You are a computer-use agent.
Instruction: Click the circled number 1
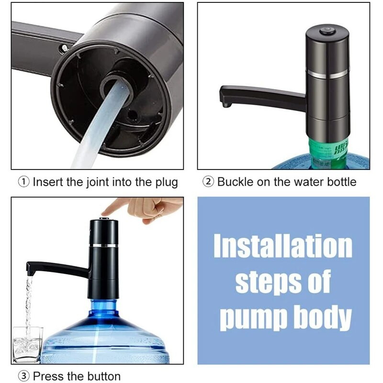23,182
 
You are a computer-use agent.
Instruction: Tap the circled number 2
208,182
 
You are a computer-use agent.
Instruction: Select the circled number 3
23,376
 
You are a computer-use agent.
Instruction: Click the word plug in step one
167,183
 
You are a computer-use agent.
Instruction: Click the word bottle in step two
342,182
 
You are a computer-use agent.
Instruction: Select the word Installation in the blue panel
283,246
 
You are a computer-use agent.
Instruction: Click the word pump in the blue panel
255,318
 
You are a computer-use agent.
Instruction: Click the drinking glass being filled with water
27,345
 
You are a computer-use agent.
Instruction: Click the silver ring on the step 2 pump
327,74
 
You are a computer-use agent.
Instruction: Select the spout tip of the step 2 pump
226,105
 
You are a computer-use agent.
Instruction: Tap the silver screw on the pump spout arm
64,48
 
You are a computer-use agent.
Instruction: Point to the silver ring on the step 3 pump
103,245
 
